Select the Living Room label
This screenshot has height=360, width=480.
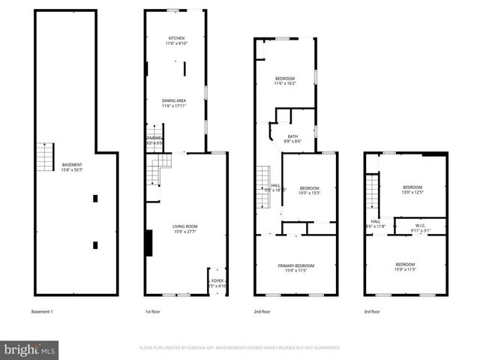184,229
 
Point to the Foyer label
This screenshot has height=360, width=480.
216,283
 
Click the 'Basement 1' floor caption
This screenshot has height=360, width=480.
42,311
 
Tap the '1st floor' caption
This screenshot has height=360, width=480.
153,311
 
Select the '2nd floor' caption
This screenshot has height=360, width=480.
262,311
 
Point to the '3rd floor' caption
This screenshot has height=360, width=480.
372,311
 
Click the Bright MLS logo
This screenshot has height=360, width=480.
30,349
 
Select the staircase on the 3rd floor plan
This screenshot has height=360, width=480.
371,191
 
